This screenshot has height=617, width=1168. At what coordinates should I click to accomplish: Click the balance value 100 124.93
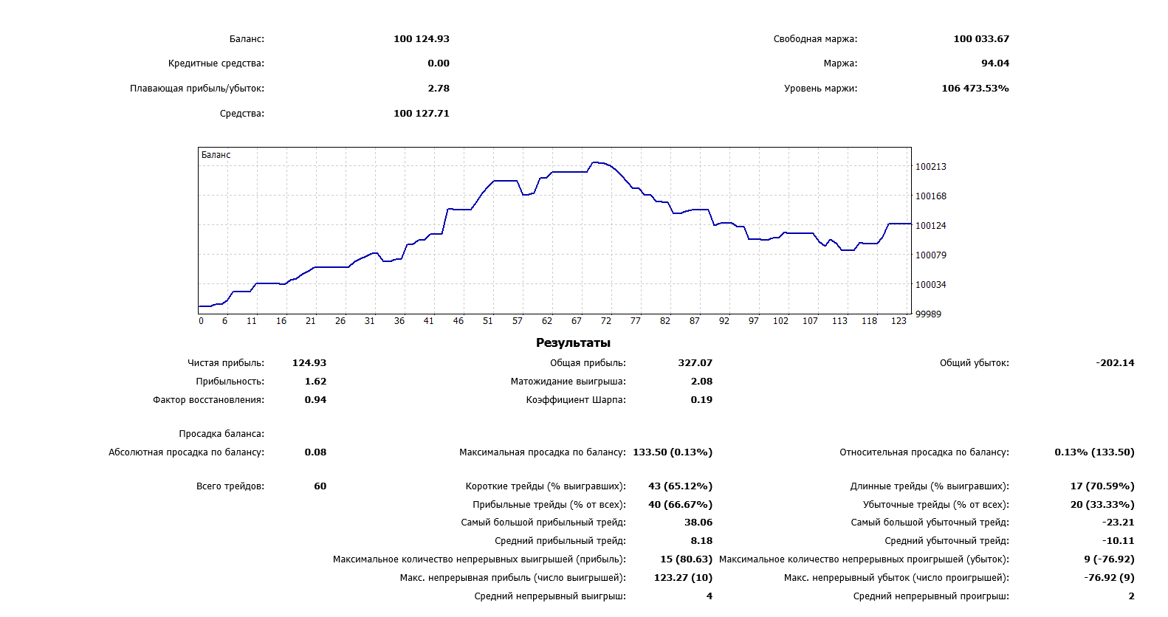421,39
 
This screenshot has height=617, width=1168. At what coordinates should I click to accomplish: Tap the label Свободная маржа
815,39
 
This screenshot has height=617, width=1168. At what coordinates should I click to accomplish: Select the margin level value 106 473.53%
975,89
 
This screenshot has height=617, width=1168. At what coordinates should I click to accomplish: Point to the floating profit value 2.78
439,89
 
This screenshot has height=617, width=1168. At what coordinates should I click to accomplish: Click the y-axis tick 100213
930,167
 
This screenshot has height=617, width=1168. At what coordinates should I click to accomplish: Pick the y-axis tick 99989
928,314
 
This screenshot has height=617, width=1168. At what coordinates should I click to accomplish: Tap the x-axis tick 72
606,321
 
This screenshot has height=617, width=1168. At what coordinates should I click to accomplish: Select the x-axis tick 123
899,321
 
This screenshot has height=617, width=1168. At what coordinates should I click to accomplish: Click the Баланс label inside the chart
216,155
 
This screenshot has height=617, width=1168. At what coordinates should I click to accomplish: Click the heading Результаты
573,342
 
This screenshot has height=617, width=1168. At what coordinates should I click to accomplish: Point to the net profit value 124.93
309,363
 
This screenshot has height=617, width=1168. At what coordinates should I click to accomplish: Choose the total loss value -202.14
1115,363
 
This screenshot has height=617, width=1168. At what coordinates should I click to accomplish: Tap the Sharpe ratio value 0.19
701,400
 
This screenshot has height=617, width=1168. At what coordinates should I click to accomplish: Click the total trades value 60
320,486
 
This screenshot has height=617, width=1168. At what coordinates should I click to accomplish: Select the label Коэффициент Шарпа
575,400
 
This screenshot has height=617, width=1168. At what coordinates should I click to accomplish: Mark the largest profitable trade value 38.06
698,523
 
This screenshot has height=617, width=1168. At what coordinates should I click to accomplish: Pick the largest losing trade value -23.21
1118,523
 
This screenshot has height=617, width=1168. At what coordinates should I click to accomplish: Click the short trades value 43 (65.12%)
680,486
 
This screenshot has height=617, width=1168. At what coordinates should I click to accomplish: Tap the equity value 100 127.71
421,114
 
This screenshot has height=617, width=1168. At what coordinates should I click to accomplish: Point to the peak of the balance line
595,162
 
